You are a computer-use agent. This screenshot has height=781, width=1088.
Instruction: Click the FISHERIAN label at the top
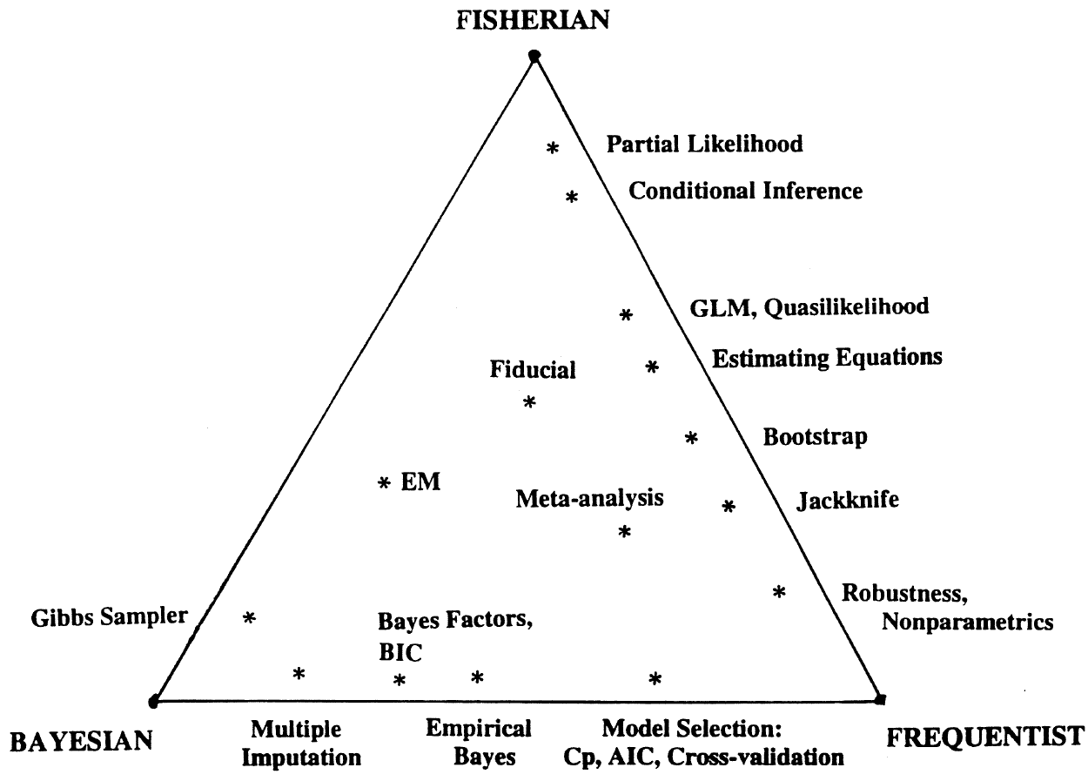pos(534,19)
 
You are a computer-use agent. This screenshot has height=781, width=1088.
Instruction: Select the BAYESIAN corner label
pos(81,741)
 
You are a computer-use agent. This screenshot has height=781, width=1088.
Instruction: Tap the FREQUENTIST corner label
pos(985,737)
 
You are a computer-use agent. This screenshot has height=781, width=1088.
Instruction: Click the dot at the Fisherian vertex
pos(534,57)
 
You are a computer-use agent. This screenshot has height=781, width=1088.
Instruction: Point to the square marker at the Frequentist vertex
pos(881,698)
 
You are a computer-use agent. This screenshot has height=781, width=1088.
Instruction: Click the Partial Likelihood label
pos(704,145)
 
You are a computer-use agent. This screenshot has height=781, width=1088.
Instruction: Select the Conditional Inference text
pos(745,191)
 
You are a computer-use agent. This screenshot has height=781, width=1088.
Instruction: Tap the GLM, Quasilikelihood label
pos(807,306)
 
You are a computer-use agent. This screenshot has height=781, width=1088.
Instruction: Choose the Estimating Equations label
pos(827,358)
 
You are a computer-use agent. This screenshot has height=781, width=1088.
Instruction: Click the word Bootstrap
pos(815,436)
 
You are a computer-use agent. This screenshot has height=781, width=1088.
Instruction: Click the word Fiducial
pos(533,370)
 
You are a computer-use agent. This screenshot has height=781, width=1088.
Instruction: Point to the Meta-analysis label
pos(589,499)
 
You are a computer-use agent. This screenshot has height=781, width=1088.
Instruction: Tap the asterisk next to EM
pos(384,482)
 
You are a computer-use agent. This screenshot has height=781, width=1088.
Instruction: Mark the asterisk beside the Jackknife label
pos(729,505)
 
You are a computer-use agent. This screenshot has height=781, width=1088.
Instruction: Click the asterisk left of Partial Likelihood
pos(552,149)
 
